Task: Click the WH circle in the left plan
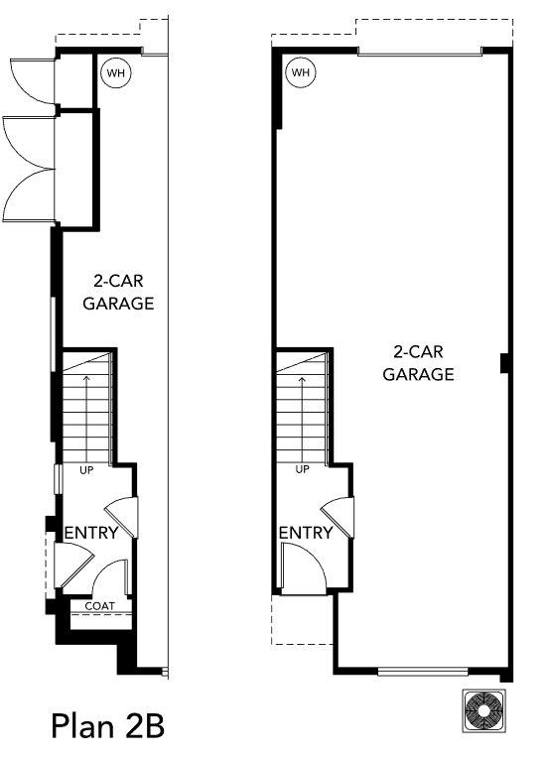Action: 116,73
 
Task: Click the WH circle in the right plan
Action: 301,72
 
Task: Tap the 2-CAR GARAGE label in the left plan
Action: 118,292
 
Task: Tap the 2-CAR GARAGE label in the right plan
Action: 418,363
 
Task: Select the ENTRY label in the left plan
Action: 91,533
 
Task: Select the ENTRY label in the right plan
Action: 306,533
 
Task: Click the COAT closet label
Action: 100,606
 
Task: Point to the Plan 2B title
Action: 108,726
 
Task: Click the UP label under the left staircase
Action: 86,470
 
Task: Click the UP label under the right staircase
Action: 302,469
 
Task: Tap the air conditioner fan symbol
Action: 484,710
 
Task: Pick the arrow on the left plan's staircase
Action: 87,417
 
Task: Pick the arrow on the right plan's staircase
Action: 302,418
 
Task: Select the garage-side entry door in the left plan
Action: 122,517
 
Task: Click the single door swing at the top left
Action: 33,81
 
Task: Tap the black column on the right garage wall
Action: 505,363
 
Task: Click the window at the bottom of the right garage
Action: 423,672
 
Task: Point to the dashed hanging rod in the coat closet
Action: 101,614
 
